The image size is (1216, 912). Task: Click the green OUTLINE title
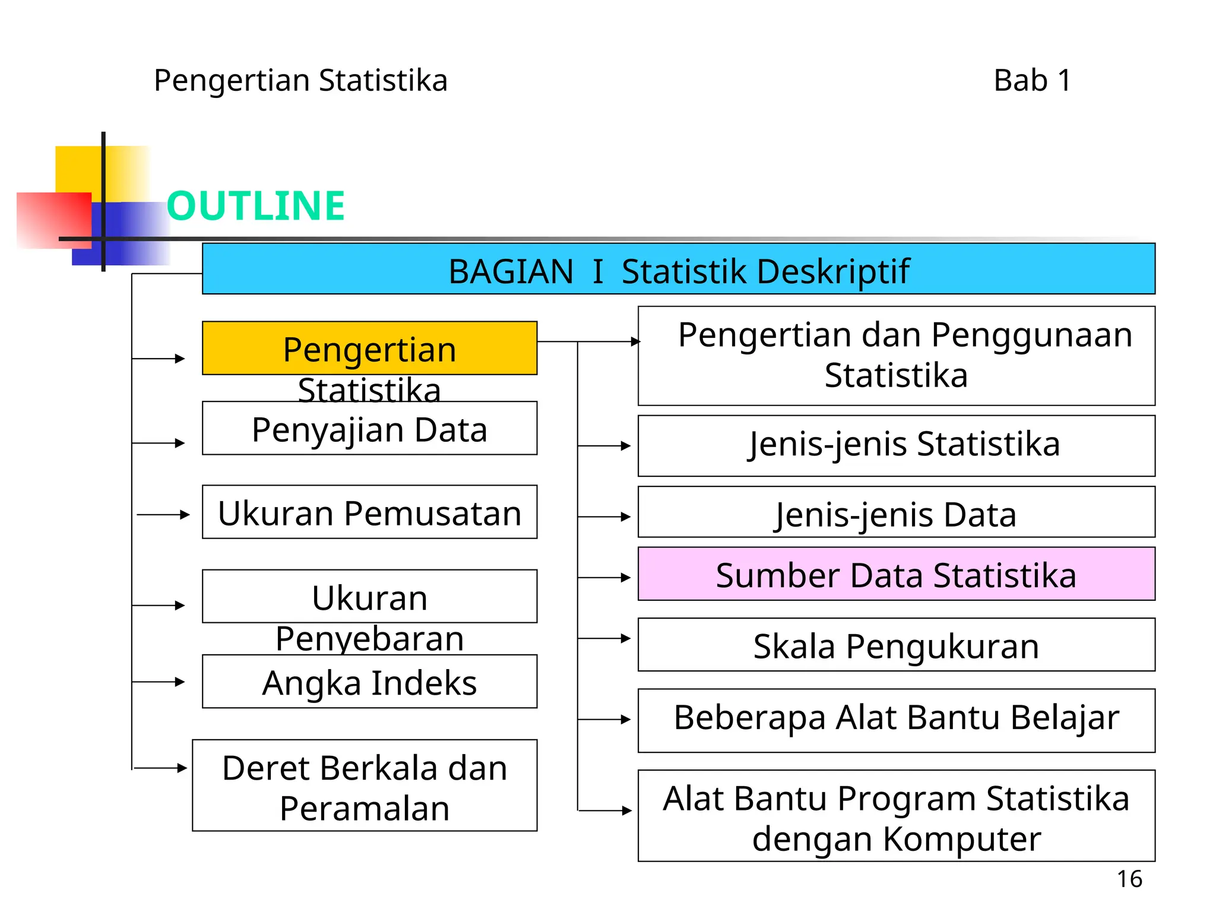pos(255,206)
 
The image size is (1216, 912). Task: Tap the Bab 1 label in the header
pos(1032,81)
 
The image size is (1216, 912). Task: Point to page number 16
pos(1129,879)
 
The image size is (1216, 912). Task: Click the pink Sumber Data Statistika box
pos(896,574)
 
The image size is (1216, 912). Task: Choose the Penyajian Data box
pos(369,429)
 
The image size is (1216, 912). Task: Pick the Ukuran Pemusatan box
pos(369,512)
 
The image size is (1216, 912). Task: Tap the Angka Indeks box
pos(369,682)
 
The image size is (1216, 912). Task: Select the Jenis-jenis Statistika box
pos(896,445)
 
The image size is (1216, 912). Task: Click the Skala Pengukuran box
pos(896,645)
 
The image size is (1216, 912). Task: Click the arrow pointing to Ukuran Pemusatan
pos(164,515)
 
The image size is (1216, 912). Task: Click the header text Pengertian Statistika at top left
pos(300,81)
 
